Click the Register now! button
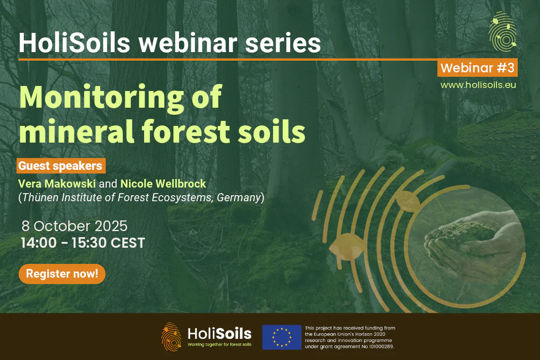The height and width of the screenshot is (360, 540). click(62, 274)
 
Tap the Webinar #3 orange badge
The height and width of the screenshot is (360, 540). click(477, 68)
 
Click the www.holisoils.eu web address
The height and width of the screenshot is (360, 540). click(478, 85)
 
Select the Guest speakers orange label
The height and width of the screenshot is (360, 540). click(61, 166)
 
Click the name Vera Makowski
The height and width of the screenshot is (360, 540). click(57, 184)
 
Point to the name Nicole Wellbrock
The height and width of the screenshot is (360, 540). click(163, 184)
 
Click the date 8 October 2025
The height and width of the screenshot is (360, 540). click(74, 226)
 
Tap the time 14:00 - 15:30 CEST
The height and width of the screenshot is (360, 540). click(83, 243)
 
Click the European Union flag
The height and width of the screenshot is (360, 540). click(282, 337)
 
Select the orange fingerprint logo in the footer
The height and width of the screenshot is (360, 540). click(171, 337)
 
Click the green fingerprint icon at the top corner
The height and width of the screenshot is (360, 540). click(503, 31)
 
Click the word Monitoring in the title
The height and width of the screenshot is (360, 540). click(102, 98)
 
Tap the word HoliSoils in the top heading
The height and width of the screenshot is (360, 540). click(74, 43)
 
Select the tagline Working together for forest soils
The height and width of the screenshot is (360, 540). click(220, 344)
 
